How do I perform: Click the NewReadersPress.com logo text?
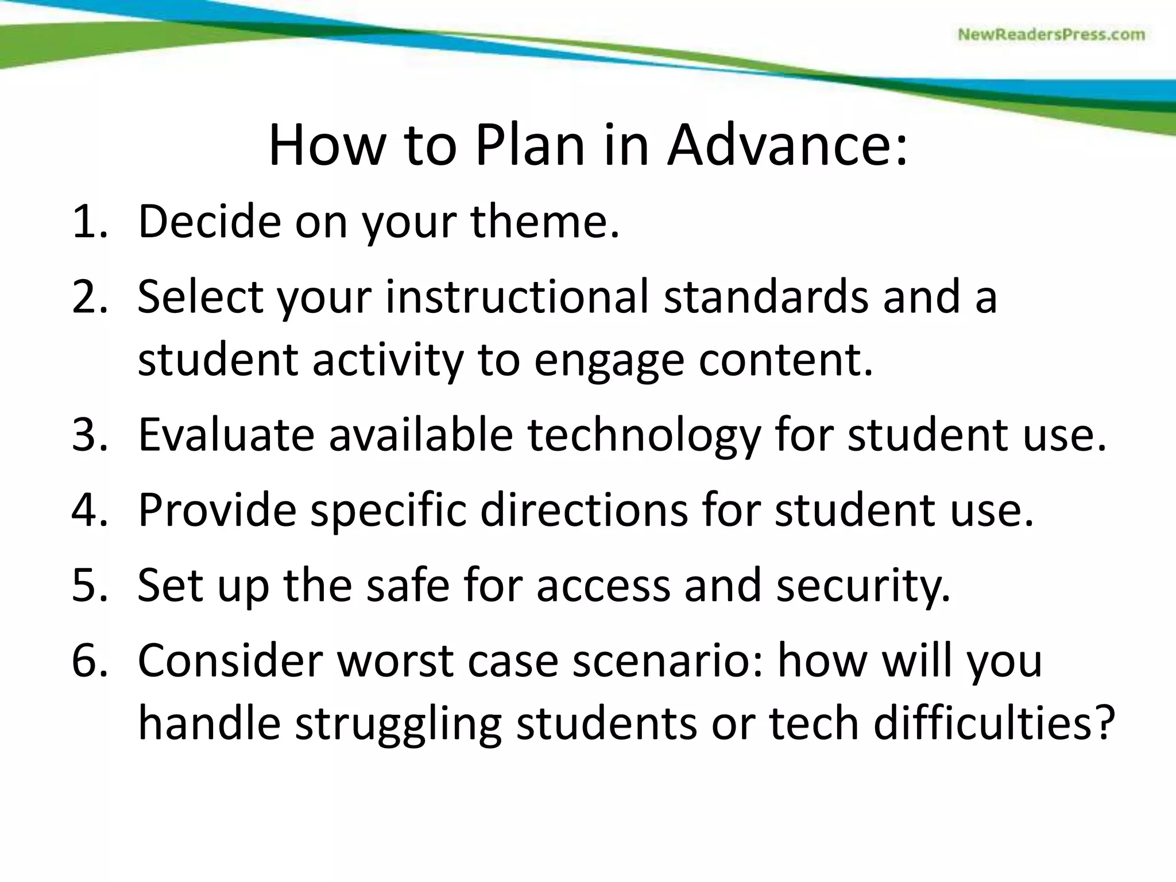1051,35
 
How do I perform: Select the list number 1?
89,222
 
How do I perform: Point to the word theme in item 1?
545,222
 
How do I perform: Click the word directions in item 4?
583,510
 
